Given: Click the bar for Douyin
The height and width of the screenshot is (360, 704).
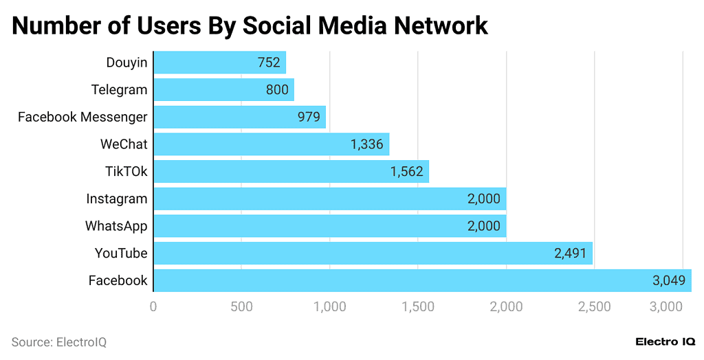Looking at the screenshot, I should tap(219, 63).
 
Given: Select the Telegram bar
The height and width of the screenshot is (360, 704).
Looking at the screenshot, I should tap(223, 90).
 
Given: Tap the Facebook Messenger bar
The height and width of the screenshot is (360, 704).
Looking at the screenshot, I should tap(239, 117).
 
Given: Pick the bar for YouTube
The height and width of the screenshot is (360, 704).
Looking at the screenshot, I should tap(372, 254).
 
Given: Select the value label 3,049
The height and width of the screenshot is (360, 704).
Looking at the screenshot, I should tap(669, 280).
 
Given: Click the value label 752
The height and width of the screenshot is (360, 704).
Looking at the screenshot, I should tap(269, 63).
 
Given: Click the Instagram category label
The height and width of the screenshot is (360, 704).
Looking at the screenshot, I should tap(116, 199).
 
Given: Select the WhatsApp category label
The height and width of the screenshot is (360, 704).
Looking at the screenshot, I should tap(115, 226).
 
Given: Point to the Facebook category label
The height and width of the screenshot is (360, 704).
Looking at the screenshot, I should tap(118, 280).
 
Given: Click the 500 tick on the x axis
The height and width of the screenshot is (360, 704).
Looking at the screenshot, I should tap(241, 307).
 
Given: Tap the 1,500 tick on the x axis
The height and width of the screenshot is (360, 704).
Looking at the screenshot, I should tap(418, 307).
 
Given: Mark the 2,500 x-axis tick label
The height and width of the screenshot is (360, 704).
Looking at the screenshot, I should tap(595, 307).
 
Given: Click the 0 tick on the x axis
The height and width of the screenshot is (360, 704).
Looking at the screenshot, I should tap(153, 307).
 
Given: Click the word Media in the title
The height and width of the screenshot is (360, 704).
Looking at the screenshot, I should tap(352, 25).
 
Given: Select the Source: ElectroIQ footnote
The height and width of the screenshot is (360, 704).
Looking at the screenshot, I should tap(59, 341).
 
